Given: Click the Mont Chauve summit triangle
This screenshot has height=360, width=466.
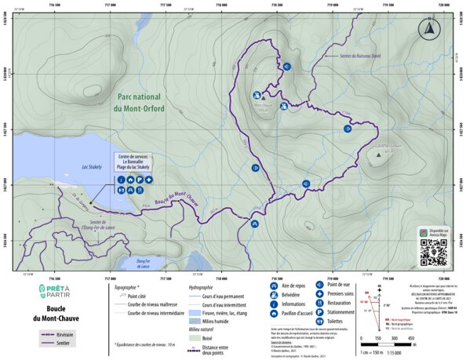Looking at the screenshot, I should pyautogui.click(x=263, y=99).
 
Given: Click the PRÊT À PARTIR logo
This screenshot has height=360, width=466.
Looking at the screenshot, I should pyautogui.click(x=53, y=293).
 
